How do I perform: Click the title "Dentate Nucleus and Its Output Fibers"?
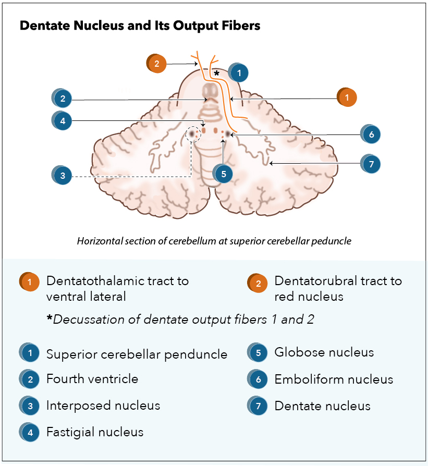click(140, 25)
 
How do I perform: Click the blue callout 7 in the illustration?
click(371, 164)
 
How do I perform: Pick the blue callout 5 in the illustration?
click(224, 174)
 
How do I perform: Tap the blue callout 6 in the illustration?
click(371, 134)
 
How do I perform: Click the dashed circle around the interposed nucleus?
click(192, 134)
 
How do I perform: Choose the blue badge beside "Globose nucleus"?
click(259, 352)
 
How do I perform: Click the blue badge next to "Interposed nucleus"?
click(30, 406)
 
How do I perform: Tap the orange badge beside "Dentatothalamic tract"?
click(30, 282)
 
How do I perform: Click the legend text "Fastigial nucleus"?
click(95, 432)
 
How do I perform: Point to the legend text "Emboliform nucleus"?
click(334, 379)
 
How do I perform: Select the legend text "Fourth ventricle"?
click(92, 379)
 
